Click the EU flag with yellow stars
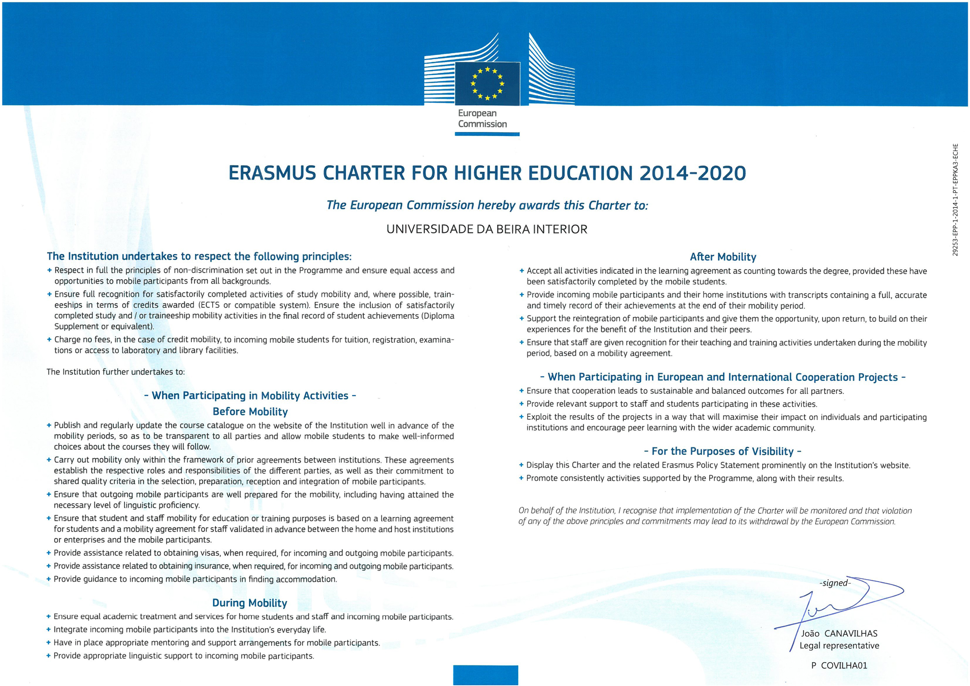487,83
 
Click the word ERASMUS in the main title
272,173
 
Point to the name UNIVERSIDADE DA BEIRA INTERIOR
487,229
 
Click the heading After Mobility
723,257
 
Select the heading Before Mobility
250,412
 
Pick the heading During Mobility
250,603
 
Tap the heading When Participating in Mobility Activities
250,396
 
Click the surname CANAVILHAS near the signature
851,634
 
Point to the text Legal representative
839,646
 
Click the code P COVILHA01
839,666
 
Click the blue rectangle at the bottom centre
485,675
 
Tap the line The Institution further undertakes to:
116,372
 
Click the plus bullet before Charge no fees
49,339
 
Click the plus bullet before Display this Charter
521,465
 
